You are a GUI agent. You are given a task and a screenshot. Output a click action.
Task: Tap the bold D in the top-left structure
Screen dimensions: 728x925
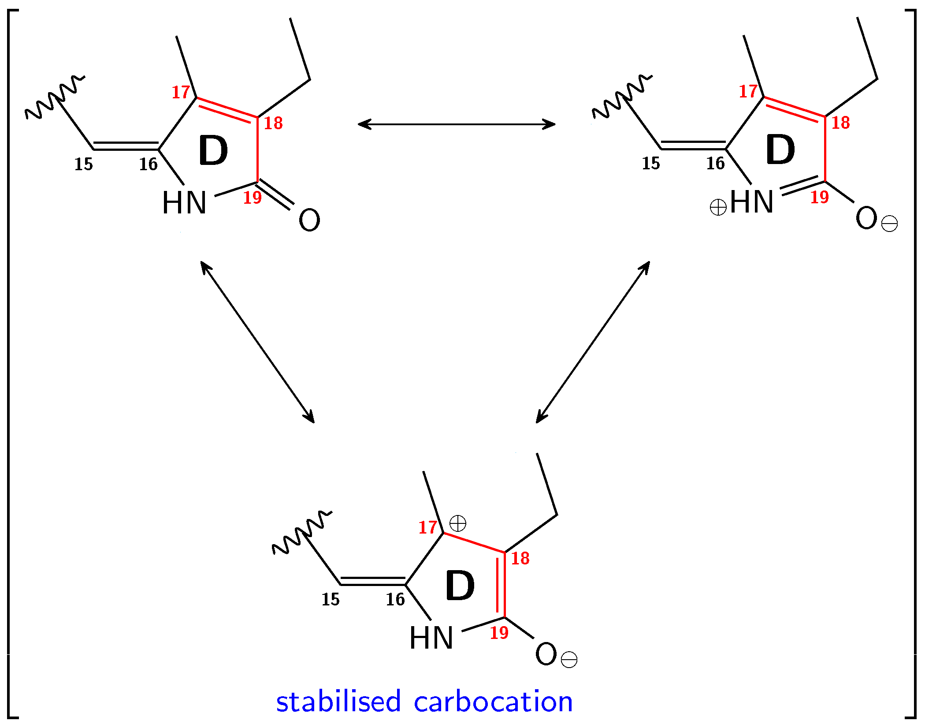(x=213, y=151)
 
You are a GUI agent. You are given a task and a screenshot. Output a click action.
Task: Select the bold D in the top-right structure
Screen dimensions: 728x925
(x=780, y=150)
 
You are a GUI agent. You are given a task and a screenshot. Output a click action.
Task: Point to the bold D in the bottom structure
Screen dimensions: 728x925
(x=460, y=586)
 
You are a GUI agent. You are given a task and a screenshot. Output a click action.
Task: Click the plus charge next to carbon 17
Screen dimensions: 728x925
(x=458, y=524)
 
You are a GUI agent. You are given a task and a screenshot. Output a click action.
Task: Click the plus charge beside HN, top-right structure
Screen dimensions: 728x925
(x=718, y=207)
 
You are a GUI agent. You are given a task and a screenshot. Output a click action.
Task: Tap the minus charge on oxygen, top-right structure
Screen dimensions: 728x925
(x=889, y=224)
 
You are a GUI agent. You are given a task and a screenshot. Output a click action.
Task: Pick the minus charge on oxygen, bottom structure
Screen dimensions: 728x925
(x=569, y=660)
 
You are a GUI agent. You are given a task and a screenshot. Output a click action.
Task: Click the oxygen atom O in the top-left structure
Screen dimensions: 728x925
(x=309, y=220)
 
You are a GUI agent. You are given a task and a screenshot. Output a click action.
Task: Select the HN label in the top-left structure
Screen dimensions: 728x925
(x=184, y=203)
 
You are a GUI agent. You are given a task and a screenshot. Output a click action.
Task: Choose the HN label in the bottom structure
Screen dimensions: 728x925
(x=431, y=638)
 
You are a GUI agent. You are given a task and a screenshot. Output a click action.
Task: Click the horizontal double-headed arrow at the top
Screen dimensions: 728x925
(x=457, y=124)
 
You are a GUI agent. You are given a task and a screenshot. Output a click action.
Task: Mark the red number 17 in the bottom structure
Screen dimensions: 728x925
(x=427, y=527)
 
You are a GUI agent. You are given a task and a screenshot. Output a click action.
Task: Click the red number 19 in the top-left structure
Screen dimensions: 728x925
(x=253, y=198)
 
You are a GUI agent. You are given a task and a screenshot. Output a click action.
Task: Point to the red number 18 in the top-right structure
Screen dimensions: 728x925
(x=840, y=123)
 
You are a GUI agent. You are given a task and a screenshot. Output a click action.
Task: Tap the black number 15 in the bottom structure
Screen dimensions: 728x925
(x=331, y=600)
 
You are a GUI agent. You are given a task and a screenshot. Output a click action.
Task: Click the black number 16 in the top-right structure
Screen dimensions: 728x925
(x=715, y=164)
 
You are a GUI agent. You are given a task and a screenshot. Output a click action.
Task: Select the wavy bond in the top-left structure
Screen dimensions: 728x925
(x=55, y=97)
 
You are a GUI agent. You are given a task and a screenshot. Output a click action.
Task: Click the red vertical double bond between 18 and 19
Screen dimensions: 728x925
(x=501, y=585)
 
